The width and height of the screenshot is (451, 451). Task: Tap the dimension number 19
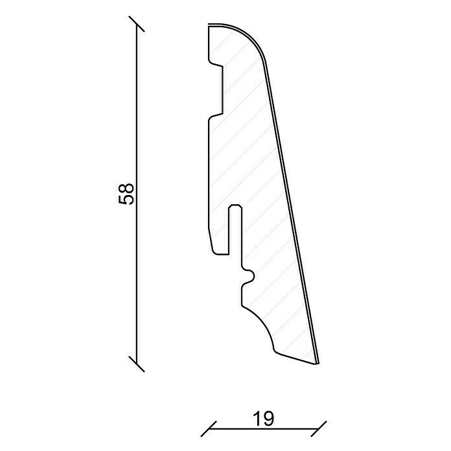pyautogui.click(x=264, y=419)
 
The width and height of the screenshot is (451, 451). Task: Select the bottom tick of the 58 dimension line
pyautogui.click(x=136, y=363)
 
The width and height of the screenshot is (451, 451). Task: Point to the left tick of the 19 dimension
pyautogui.click(x=208, y=428)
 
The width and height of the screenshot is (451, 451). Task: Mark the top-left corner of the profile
pyautogui.click(x=209, y=27)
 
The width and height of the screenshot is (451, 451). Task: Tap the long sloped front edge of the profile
pyautogui.click(x=292, y=207)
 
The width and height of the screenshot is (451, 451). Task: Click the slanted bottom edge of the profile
pyautogui.click(x=295, y=358)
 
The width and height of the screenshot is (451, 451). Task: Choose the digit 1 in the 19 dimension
pyautogui.click(x=257, y=419)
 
